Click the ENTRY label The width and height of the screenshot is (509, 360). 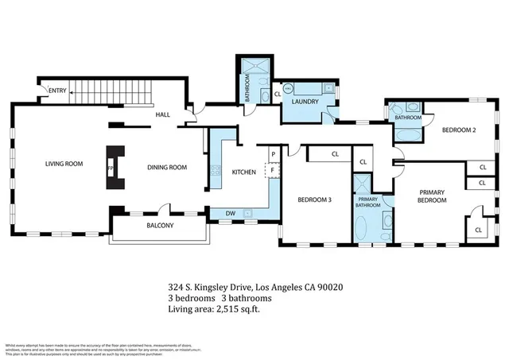point(57,91)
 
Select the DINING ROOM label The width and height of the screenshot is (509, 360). point(167,167)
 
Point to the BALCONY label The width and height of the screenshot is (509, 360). point(159,226)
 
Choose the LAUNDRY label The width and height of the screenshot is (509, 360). point(305,102)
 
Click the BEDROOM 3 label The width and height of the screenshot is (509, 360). point(314,199)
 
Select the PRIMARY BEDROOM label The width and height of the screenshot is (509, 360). point(432,196)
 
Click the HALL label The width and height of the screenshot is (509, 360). point(162,115)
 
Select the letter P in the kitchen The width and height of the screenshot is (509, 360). point(273,154)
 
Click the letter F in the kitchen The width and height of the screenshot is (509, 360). point(273,169)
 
